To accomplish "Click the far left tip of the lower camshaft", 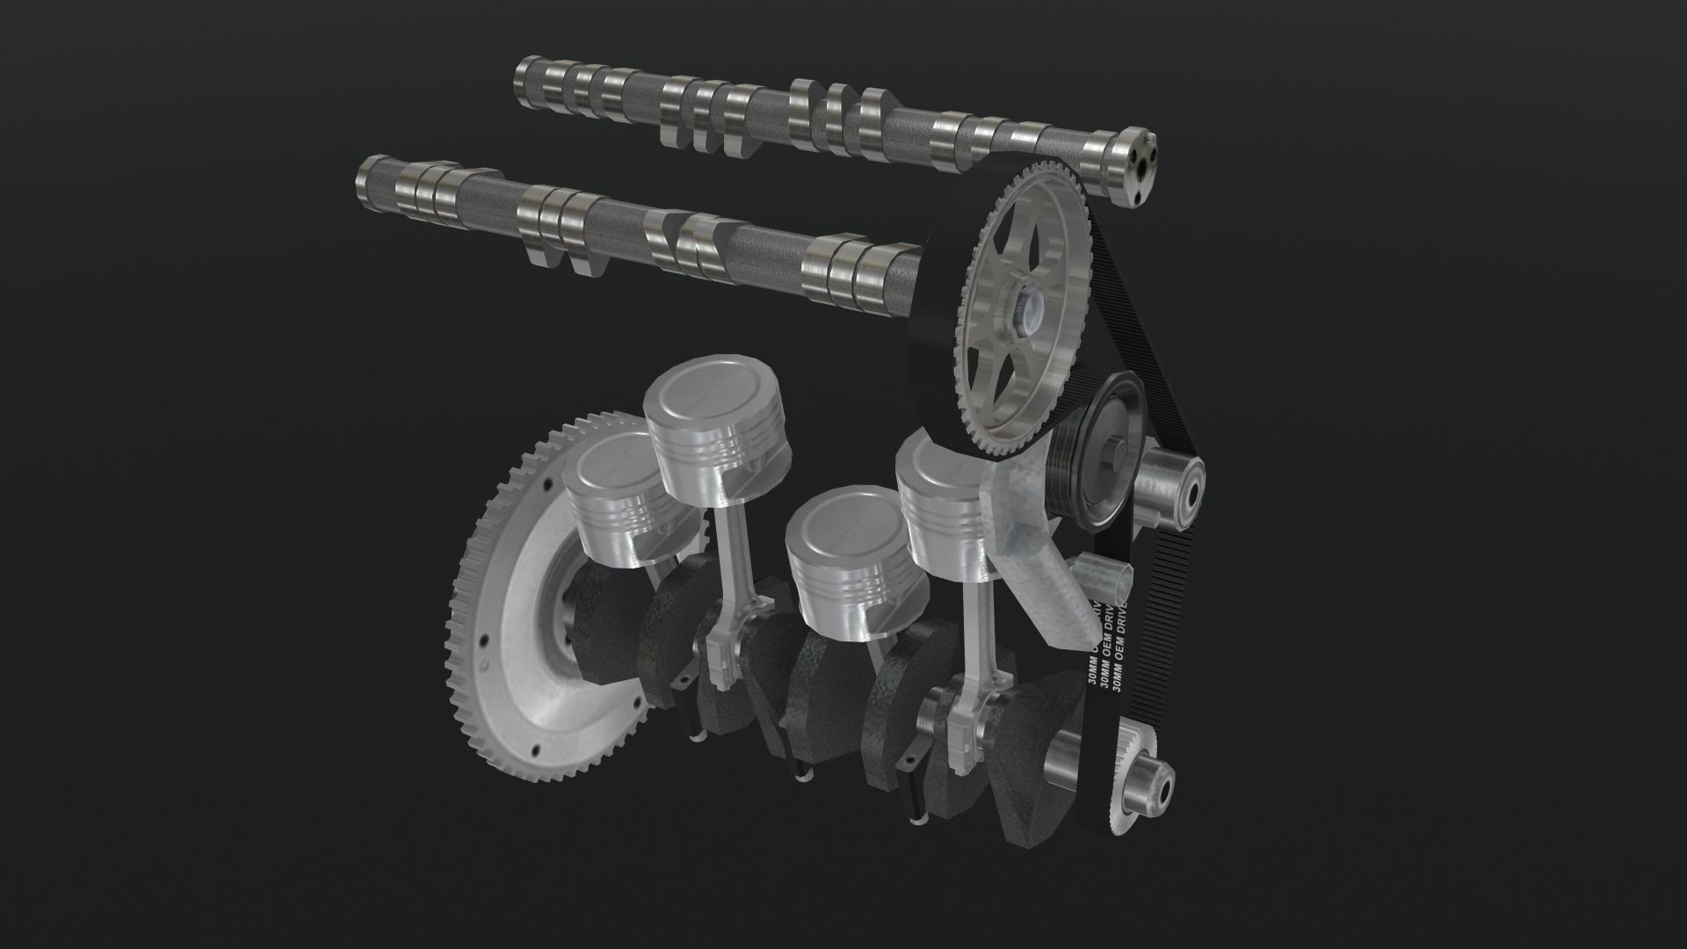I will point(362,185).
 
